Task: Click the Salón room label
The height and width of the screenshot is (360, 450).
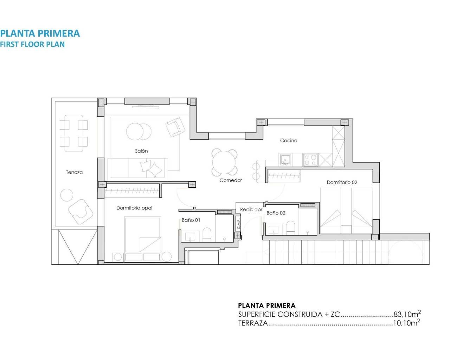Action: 141,151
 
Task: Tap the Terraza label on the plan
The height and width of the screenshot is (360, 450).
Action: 74,172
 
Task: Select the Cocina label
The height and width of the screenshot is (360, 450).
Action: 289,140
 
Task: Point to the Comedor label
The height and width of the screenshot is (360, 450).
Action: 231,180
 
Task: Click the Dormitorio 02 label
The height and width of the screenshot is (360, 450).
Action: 342,182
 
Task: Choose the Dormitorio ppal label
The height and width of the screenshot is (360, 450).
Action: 134,208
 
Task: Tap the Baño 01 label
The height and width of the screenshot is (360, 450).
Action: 191,220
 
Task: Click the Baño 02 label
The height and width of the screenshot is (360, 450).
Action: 276,213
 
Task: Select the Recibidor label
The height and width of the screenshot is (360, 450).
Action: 251,210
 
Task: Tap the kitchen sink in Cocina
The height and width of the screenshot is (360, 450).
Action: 285,160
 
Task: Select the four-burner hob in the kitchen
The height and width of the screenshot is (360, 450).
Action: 310,160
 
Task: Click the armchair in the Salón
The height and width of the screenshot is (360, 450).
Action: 175,127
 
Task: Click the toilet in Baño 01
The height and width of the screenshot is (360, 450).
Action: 207,234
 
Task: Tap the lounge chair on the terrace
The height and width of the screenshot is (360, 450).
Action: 81,211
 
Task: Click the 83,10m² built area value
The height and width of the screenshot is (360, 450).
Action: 407,314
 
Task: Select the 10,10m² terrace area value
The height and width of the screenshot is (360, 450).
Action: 406,323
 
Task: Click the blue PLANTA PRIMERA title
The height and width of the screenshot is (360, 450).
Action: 40,33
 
